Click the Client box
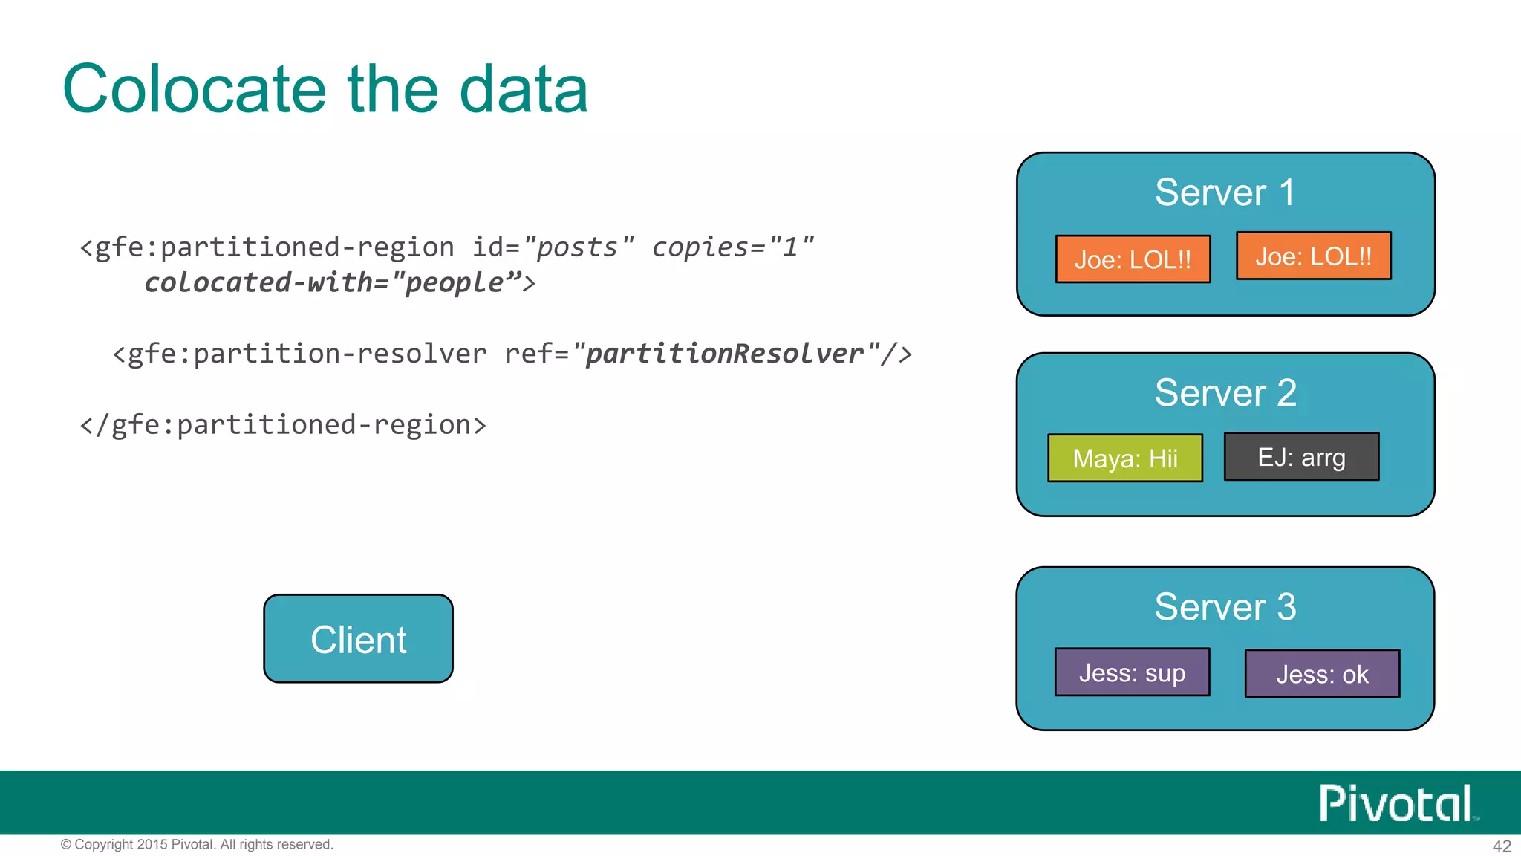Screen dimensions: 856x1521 coord(358,639)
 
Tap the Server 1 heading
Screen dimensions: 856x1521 coord(1225,192)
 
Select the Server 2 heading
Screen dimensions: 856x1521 coord(1225,392)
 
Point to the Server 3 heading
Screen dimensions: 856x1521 coord(1225,606)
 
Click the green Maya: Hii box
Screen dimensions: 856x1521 coord(1124,458)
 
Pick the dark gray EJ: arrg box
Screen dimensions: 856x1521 coord(1301,457)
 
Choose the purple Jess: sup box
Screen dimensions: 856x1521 coord(1132,672)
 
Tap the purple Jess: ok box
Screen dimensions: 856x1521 coord(1322,674)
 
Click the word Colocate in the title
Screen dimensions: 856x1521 coord(195,89)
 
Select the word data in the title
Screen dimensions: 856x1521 coord(524,89)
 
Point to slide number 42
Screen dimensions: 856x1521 coord(1501,846)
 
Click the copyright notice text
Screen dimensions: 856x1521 coord(197,844)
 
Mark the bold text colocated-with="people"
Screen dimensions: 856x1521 coord(333,283)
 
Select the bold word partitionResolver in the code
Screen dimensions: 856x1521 coord(724,354)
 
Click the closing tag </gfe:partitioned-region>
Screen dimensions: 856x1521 coord(282,425)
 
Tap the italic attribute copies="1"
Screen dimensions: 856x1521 coord(732,247)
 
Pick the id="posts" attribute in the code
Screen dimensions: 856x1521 coord(553,247)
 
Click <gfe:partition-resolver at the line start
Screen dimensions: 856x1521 coord(299,354)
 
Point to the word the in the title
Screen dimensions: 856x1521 coord(392,89)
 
